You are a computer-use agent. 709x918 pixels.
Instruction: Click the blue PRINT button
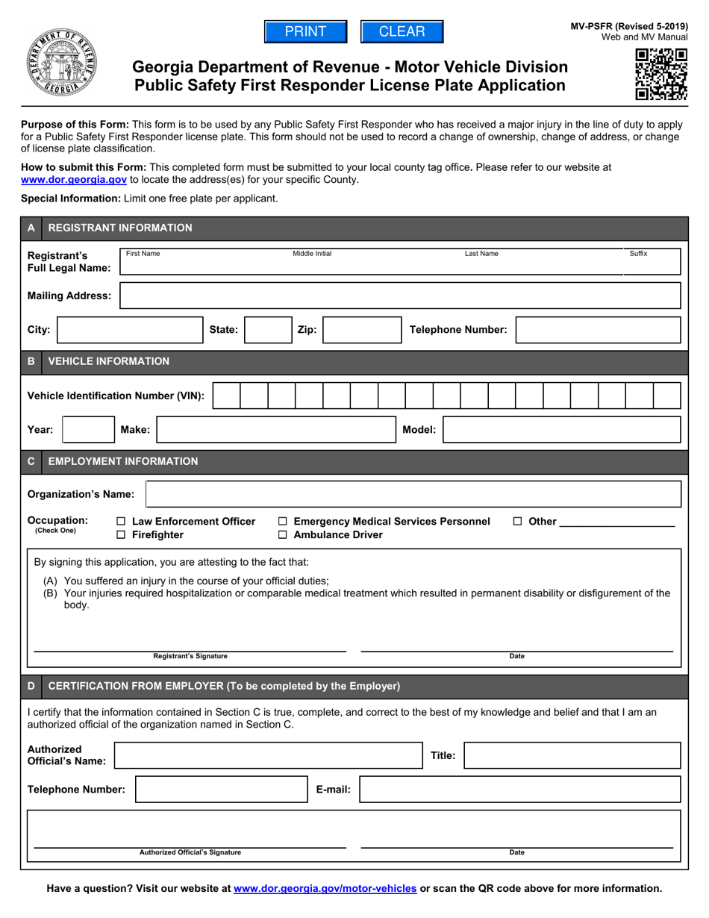coord(306,31)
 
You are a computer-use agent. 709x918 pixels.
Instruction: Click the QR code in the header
coord(660,73)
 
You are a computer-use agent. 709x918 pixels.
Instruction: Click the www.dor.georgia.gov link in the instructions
coord(74,180)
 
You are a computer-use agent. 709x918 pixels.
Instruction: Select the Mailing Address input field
coord(400,296)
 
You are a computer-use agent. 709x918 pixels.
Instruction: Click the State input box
coord(267,330)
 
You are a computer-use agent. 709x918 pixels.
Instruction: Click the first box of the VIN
coord(226,396)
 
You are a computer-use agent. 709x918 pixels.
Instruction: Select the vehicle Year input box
coord(87,430)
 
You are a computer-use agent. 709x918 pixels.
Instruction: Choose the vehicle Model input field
coord(562,430)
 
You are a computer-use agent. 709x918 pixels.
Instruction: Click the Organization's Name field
coord(413,494)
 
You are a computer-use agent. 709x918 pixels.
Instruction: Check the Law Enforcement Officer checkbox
coord(122,522)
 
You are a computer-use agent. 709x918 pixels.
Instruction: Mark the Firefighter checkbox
coord(122,535)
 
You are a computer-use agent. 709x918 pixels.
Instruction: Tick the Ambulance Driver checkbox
coord(283,535)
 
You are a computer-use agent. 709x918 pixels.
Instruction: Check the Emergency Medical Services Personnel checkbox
coord(283,522)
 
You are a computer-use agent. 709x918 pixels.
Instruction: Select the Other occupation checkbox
coord(518,522)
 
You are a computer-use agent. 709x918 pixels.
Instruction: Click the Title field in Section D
coord(572,755)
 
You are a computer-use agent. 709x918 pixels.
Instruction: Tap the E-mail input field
coord(519,790)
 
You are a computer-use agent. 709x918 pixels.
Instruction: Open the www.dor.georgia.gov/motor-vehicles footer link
coord(325,888)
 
